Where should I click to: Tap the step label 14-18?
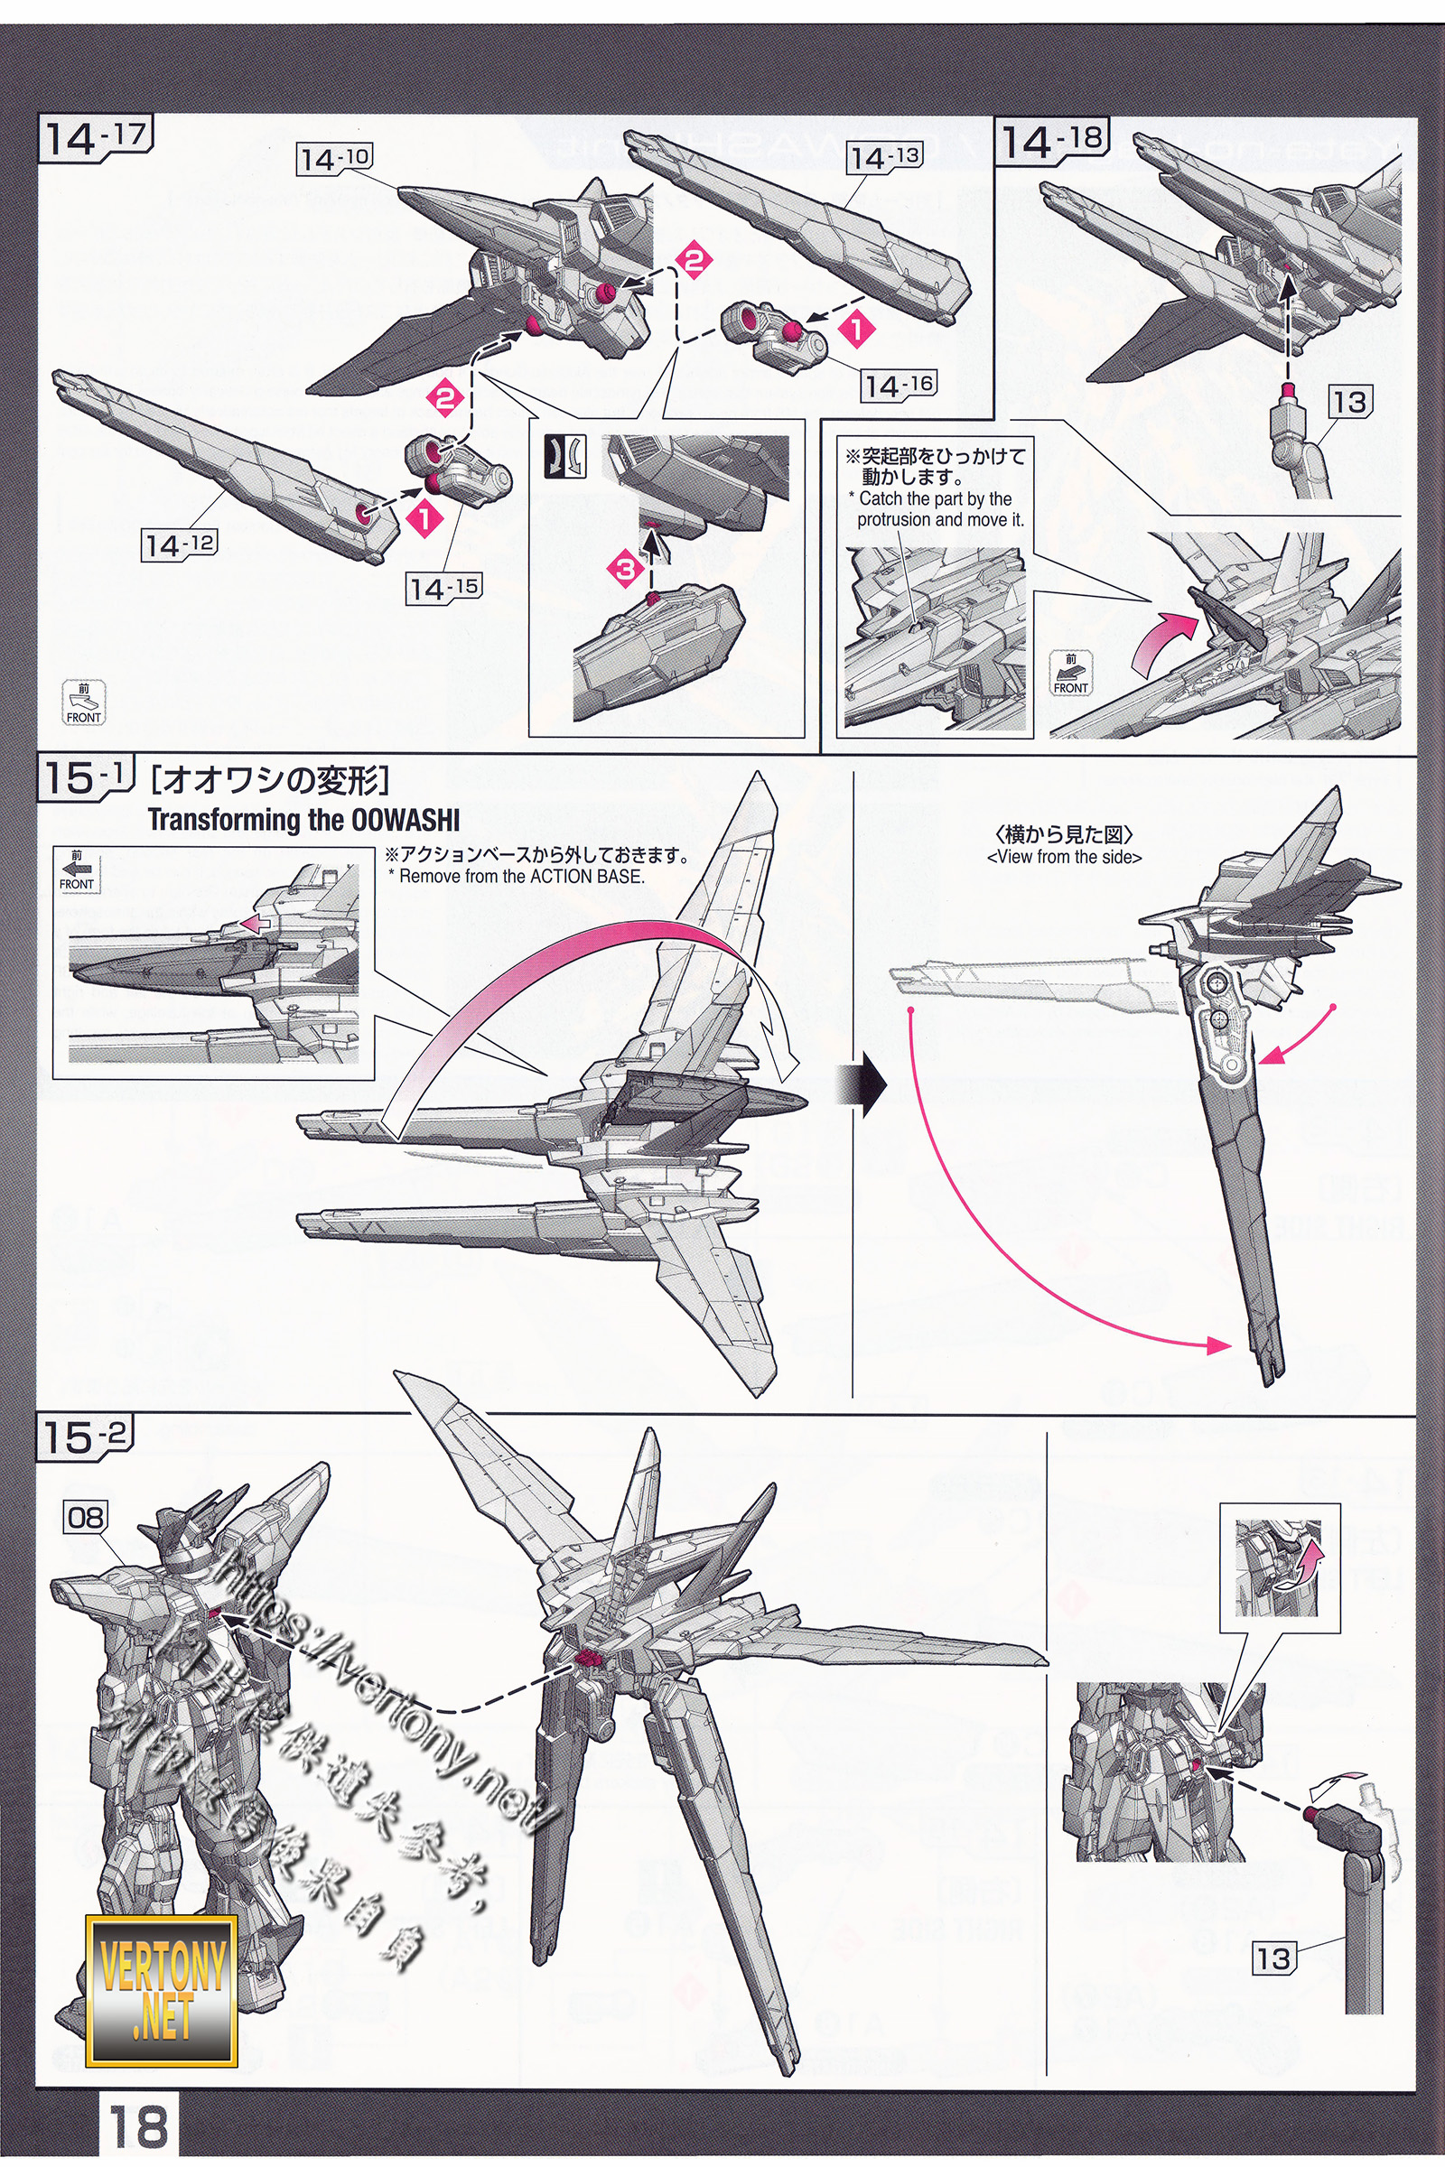point(1051,140)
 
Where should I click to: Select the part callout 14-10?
point(333,160)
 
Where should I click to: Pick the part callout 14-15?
point(444,588)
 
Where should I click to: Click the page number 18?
point(138,2122)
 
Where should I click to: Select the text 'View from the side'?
point(1065,857)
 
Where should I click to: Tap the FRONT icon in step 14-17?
point(84,703)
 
